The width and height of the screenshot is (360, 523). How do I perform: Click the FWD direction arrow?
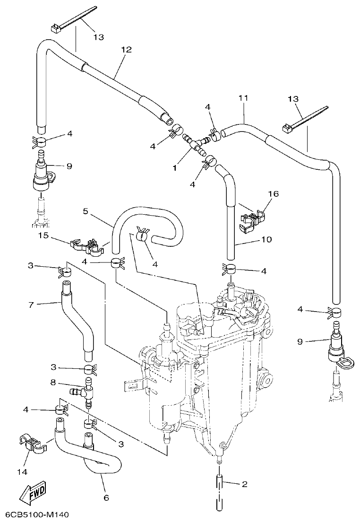(x=33, y=495)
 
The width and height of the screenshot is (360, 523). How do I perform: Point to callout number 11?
(x=243, y=98)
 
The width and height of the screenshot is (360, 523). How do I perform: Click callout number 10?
(x=266, y=240)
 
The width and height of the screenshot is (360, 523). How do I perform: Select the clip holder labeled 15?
(x=88, y=245)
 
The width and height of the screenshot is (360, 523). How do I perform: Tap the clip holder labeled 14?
(x=32, y=443)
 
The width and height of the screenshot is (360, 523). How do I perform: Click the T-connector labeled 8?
(x=85, y=391)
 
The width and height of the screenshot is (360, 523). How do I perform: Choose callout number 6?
(x=106, y=497)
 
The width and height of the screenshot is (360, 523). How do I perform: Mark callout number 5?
(x=85, y=212)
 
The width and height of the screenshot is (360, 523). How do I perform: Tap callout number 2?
(x=244, y=484)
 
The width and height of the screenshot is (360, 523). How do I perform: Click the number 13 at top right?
(x=293, y=99)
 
